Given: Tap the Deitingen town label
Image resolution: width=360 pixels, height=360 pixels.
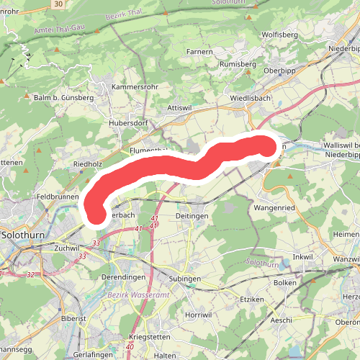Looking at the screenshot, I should point(192,215).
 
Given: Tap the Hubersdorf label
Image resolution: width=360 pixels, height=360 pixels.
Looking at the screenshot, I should point(128,122).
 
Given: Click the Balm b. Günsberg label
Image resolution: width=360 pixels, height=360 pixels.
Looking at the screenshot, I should point(64,96).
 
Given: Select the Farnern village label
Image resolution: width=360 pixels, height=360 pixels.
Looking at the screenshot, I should point(199,51).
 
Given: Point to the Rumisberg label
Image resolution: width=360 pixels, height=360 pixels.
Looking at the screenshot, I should point(238,63).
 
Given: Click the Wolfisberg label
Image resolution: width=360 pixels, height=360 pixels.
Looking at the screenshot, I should point(280,34).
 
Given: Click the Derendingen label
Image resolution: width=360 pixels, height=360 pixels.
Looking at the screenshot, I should point(124,276).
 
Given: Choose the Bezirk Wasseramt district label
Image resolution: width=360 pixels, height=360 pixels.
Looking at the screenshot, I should point(138,295).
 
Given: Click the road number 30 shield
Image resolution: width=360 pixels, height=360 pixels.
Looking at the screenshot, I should point(59,4).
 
